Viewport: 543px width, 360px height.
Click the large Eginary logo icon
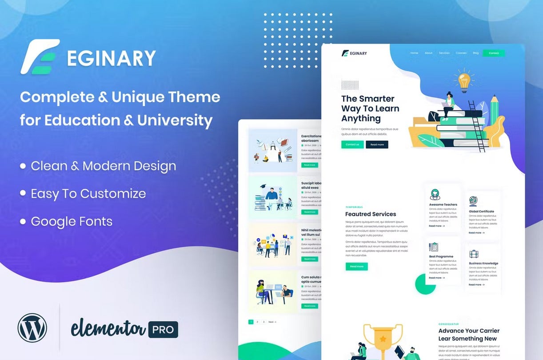click(40, 57)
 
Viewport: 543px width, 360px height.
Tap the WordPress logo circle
click(32, 328)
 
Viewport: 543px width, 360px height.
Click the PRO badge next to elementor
click(163, 329)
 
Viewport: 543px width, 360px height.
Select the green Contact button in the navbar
click(494, 53)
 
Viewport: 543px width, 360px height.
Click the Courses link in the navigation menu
click(461, 53)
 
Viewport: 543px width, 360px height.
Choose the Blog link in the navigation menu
click(475, 53)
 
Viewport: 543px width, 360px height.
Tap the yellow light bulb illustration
click(463, 81)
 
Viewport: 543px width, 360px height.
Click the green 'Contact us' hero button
click(352, 144)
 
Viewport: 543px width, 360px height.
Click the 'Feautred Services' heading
click(371, 214)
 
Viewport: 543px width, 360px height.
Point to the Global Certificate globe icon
click(474, 201)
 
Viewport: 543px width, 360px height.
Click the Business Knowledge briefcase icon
click(474, 254)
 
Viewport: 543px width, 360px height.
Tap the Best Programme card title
click(441, 256)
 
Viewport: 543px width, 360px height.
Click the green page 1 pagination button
click(251, 322)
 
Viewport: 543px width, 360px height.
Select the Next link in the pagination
click(272, 322)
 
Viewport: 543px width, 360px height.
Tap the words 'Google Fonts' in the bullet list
click(72, 221)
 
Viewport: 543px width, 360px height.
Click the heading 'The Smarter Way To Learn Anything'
click(370, 108)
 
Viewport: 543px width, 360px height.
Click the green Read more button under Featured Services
click(356, 266)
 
